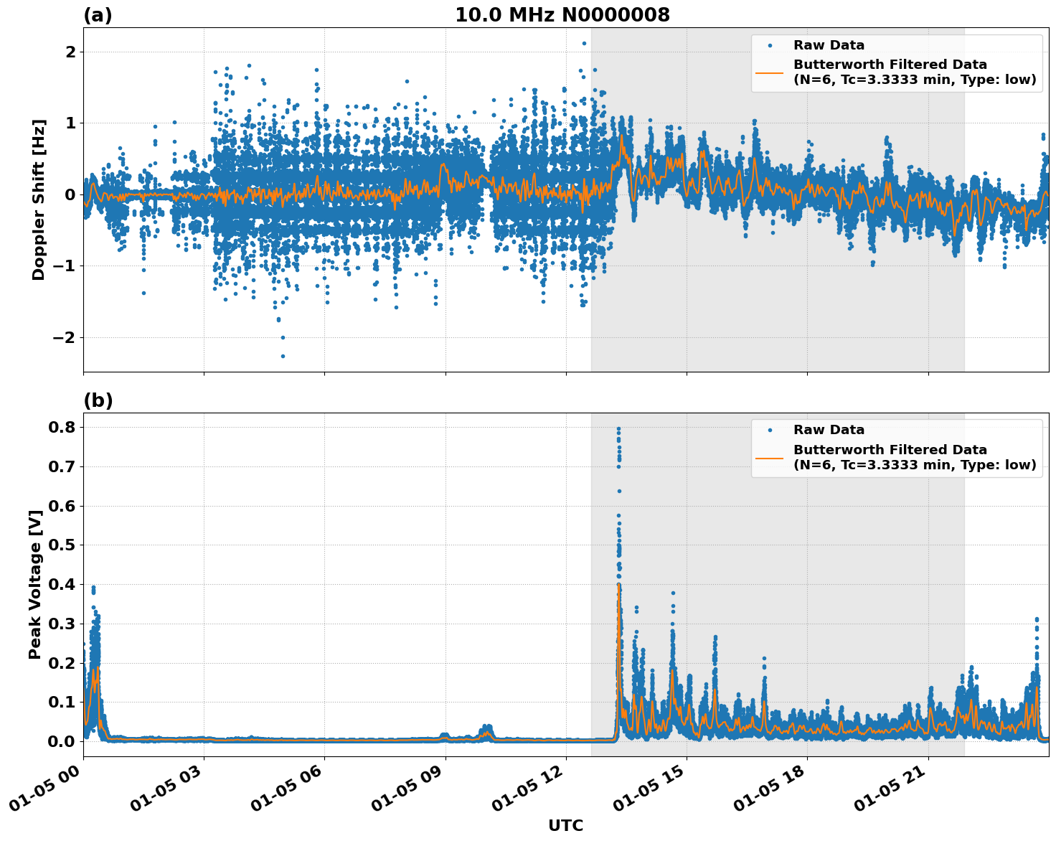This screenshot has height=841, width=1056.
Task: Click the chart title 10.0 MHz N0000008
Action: coord(562,15)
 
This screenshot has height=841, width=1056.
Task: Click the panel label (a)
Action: coord(98,15)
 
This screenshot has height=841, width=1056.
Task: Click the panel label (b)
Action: coord(98,400)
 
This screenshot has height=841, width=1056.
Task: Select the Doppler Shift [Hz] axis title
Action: coord(39,199)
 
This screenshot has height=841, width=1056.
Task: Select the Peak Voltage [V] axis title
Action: coord(34,584)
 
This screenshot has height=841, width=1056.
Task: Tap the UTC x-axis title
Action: coord(565,825)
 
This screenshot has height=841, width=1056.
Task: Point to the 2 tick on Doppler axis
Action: coord(70,52)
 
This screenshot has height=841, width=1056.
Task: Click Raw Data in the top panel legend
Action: coord(829,45)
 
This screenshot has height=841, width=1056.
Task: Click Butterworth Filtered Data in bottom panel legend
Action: coord(890,450)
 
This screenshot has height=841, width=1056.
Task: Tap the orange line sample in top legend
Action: coord(769,72)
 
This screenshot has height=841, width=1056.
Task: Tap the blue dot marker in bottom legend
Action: coord(769,430)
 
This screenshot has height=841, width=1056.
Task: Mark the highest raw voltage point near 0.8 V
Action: coord(618,429)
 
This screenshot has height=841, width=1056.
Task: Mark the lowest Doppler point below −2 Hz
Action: coord(283,356)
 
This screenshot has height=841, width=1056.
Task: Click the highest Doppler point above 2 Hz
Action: coord(584,43)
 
